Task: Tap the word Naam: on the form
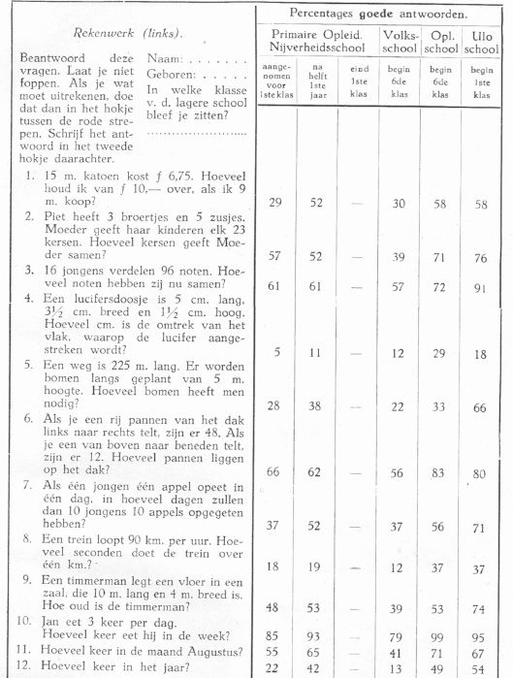click(164, 60)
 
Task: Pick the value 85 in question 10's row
click(276, 636)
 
